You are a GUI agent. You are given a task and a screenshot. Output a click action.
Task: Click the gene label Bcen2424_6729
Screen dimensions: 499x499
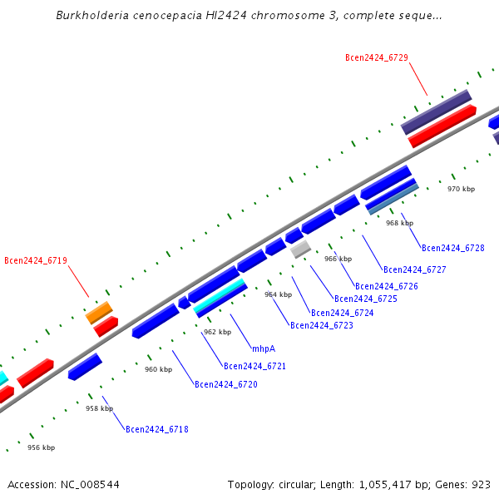pyautogui.click(x=377, y=57)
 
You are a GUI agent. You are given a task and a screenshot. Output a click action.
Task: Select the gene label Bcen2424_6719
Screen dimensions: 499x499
pyautogui.click(x=36, y=260)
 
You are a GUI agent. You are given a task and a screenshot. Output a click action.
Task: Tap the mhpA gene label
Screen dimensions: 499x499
pyautogui.click(x=264, y=348)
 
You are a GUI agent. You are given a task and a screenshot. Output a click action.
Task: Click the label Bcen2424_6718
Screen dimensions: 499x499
pyautogui.click(x=157, y=429)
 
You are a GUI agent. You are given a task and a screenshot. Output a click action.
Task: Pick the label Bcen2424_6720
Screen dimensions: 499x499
pyautogui.click(x=226, y=384)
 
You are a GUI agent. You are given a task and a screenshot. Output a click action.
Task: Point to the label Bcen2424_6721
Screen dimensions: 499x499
pyautogui.click(x=255, y=366)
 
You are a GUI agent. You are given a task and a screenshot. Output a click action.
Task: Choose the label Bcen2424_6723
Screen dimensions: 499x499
pyautogui.click(x=322, y=325)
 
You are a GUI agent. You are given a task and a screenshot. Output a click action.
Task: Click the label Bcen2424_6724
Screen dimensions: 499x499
pyautogui.click(x=343, y=313)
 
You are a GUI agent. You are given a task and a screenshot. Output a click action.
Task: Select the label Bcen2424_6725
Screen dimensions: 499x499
pyautogui.click(x=366, y=299)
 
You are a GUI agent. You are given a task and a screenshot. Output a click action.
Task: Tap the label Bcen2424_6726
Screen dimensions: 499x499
pyautogui.click(x=387, y=286)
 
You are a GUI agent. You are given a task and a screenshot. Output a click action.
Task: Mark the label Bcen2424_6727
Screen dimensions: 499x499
pyautogui.click(x=415, y=269)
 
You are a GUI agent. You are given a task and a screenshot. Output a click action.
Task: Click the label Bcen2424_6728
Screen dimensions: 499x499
pyautogui.click(x=452, y=248)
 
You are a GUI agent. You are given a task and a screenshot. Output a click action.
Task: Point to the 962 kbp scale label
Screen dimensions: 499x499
pyautogui.click(x=217, y=332)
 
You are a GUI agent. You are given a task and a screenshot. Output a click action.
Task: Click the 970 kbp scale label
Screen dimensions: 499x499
pyautogui.click(x=461, y=189)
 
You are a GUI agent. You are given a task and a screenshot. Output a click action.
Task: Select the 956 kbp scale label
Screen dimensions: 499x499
pyautogui.click(x=41, y=447)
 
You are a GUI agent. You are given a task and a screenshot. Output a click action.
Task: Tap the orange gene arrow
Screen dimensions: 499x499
pyautogui.click(x=99, y=313)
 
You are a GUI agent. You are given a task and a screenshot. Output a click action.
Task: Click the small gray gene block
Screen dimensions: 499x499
pyautogui.click(x=300, y=249)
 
